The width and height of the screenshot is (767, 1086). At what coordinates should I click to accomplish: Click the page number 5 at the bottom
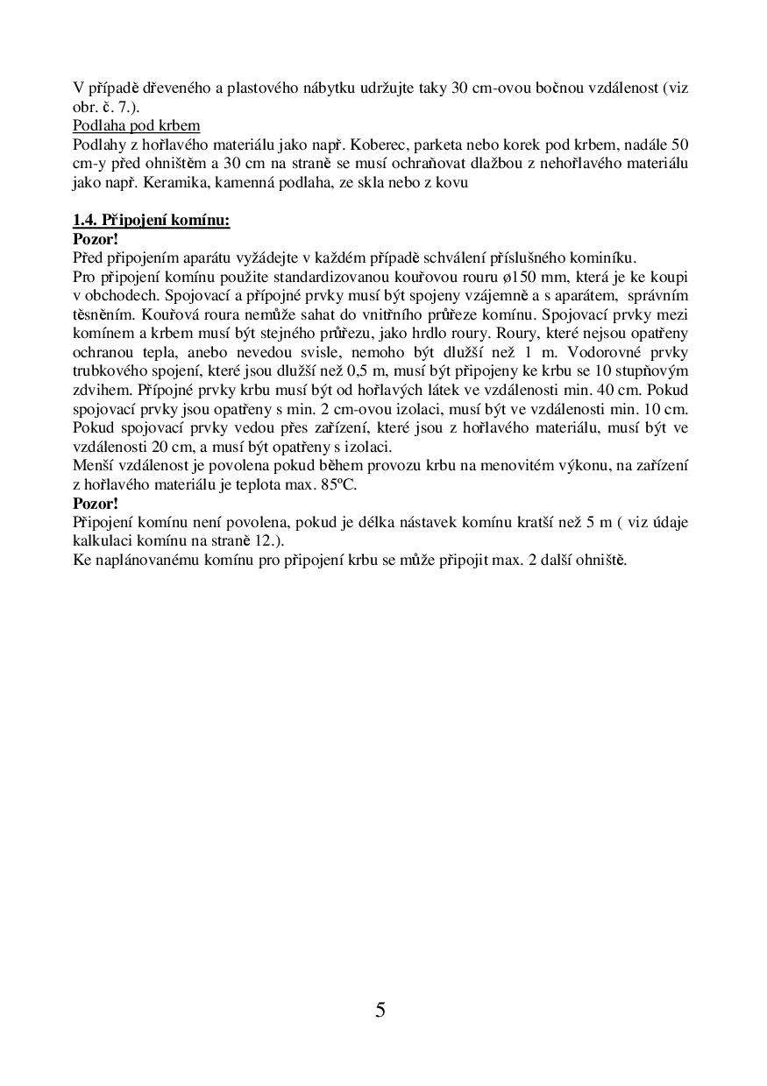pyautogui.click(x=380, y=1010)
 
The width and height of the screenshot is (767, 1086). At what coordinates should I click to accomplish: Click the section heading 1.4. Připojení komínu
pyautogui.click(x=151, y=220)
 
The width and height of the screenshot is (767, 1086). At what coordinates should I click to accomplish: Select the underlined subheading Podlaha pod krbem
pyautogui.click(x=136, y=125)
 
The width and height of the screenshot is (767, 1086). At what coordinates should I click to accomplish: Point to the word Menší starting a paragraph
pyautogui.click(x=93, y=466)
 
